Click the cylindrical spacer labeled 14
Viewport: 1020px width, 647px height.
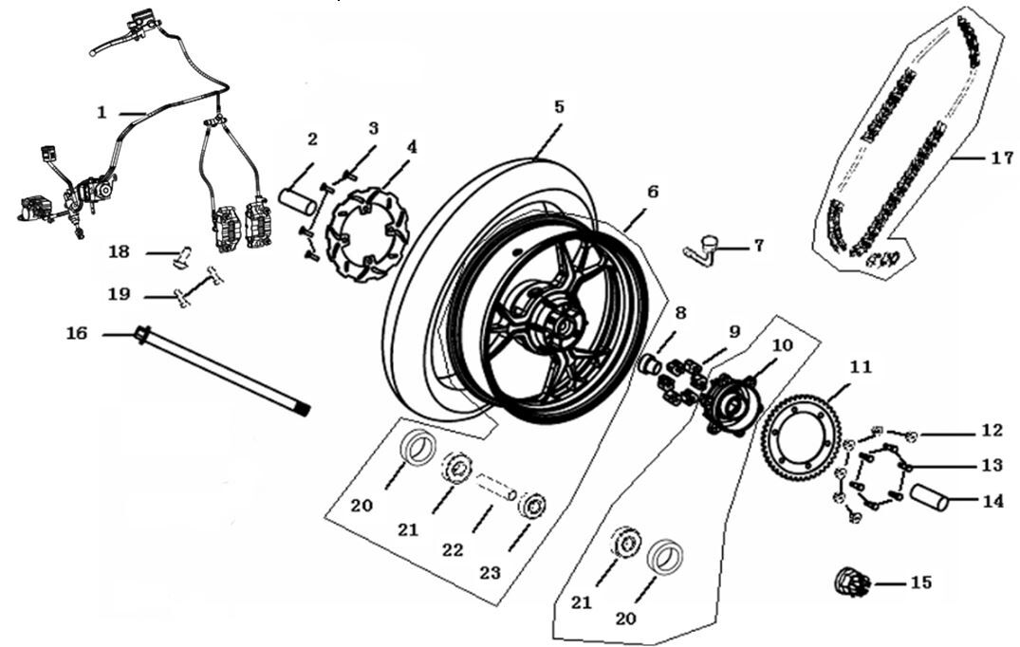pyautogui.click(x=931, y=497)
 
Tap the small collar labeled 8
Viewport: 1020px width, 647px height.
pyautogui.click(x=652, y=364)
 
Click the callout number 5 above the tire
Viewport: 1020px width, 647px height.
pyautogui.click(x=559, y=107)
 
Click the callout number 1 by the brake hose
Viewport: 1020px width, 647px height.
pyautogui.click(x=102, y=112)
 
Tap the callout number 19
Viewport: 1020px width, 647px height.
pyautogui.click(x=119, y=295)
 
